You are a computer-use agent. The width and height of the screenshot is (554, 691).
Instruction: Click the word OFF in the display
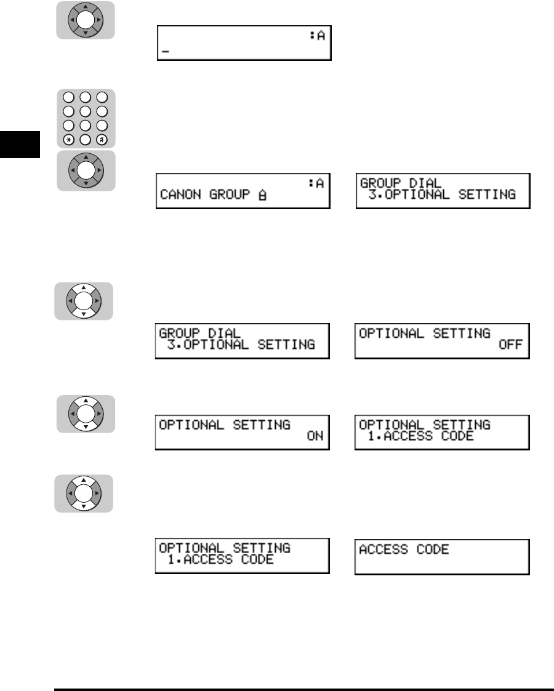pos(510,345)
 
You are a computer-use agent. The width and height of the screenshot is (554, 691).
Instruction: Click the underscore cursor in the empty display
pos(164,53)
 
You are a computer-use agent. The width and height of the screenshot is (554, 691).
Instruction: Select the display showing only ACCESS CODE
pos(442,557)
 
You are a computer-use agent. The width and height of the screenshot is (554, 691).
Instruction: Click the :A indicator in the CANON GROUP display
pos(316,183)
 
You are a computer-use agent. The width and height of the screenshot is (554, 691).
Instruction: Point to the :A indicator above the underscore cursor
pos(316,37)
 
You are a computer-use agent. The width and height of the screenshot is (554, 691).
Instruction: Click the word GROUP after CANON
pos(226,195)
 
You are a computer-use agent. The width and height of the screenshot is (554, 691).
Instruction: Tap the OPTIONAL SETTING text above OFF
pos(425,333)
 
